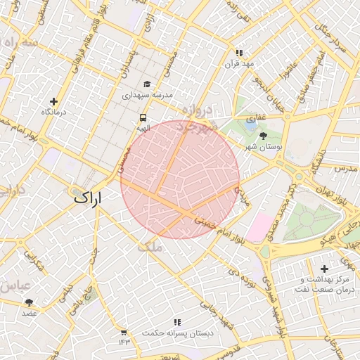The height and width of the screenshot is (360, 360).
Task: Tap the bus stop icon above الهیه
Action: pyautogui.click(x=143, y=118)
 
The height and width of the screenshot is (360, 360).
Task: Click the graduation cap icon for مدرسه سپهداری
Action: pyautogui.click(x=146, y=84)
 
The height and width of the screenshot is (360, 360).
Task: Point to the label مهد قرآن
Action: pyautogui.click(x=238, y=63)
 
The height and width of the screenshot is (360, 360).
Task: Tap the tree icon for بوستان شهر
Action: pyautogui.click(x=264, y=136)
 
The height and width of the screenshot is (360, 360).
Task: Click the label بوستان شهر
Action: pyautogui.click(x=264, y=148)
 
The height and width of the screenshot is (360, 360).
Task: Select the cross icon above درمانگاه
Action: pyautogui.click(x=53, y=101)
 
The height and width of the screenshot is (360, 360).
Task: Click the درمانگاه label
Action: pyautogui.click(x=53, y=112)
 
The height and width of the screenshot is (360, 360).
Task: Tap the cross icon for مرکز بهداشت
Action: pyautogui.click(x=324, y=269)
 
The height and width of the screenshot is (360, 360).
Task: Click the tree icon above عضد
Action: pyautogui.click(x=29, y=302)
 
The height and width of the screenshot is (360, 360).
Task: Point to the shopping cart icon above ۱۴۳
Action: pyautogui.click(x=124, y=332)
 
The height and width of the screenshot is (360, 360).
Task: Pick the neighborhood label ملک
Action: pyautogui.click(x=150, y=247)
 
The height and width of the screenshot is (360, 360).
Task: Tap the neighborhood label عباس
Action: pyautogui.click(x=13, y=286)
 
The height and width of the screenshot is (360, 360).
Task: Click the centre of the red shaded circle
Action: pyautogui.click(x=180, y=179)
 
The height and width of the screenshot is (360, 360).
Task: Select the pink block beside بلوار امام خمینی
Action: pyautogui.click(x=257, y=227)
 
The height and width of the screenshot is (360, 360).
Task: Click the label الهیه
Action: pyautogui.click(x=143, y=129)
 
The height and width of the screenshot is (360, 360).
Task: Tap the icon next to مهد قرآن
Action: pyautogui.click(x=239, y=53)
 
